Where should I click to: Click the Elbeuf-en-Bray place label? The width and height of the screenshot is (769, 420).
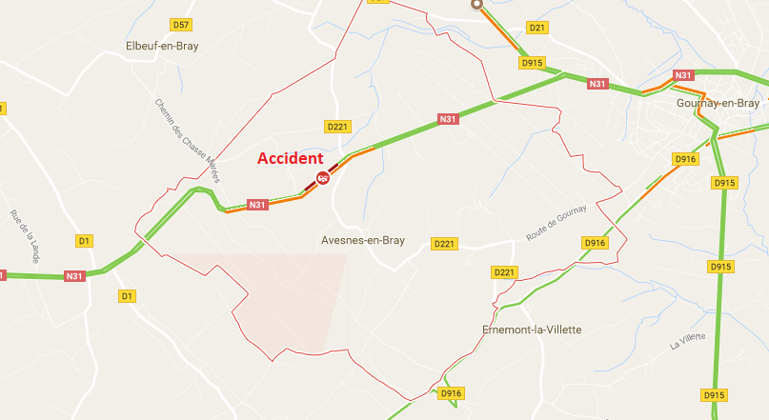pos(162,46)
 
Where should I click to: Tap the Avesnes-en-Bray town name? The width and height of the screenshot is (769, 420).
pos(363,241)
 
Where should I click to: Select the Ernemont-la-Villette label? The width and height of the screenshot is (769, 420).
pos(531,330)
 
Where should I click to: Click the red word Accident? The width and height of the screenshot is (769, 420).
pos(291,159)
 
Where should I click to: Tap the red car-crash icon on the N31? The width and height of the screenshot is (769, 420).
pos(323,177)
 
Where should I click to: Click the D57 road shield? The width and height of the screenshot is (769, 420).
pos(181,24)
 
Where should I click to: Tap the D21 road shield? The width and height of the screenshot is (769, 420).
pos(537,28)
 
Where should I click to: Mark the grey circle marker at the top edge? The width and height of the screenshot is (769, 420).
pos(476,4)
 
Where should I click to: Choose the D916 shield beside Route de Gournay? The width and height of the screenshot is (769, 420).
pos(594,244)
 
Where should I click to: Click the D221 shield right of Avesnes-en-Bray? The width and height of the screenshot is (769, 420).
pos(444,244)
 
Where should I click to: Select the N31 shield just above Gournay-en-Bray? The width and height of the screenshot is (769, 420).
pos(683,75)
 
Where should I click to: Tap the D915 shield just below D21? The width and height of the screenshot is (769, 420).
pos(532,63)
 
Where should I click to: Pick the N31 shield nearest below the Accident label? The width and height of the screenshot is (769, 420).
pos(256,205)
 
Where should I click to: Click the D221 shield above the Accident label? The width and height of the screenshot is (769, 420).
pos(337,126)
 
